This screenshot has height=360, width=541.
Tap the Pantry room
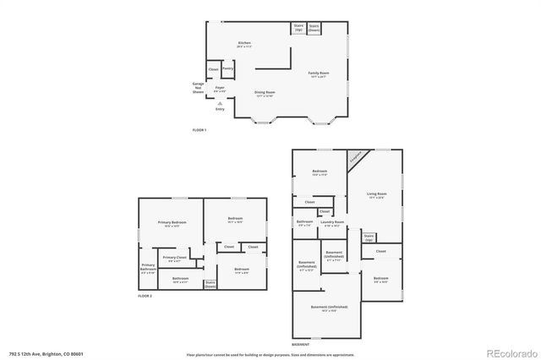227,69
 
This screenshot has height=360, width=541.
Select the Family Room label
319,74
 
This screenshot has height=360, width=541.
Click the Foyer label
219,88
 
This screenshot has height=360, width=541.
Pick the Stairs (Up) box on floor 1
298,28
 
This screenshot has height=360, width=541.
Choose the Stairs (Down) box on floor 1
314,28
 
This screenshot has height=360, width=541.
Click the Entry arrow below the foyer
220,103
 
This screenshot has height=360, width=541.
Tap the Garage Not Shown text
198,87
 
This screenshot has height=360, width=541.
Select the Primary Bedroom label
172,223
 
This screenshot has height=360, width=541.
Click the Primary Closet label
175,258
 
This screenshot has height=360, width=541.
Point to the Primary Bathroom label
148,268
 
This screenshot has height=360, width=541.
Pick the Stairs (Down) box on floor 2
210,284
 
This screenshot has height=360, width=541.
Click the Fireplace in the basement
356,156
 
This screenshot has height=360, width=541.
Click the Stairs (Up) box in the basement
369,238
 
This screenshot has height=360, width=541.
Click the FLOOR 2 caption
146,297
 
